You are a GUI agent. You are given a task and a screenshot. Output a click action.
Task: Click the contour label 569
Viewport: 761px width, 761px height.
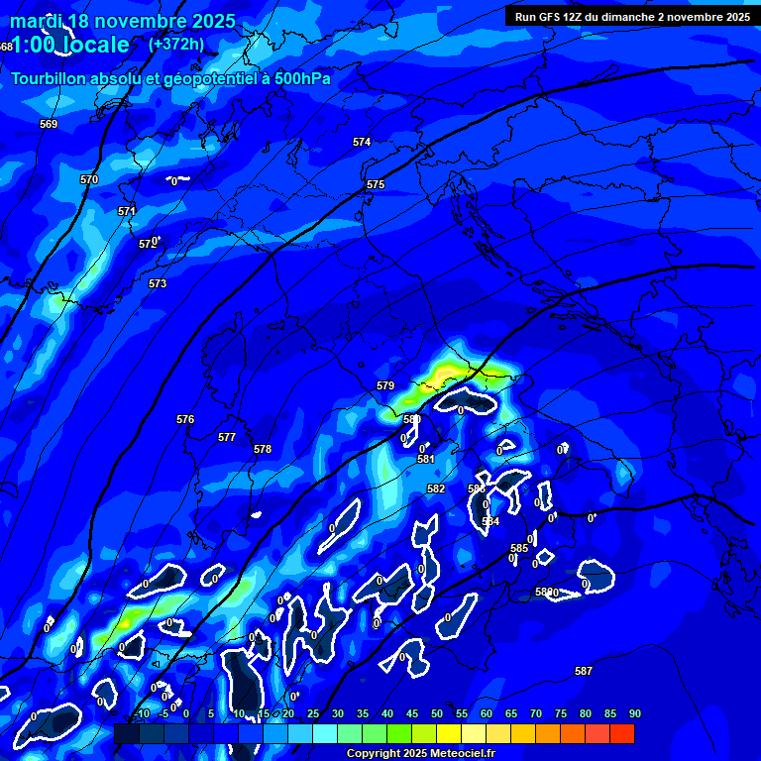(49, 124)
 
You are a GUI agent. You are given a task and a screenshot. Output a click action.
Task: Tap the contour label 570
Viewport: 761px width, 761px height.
(89, 179)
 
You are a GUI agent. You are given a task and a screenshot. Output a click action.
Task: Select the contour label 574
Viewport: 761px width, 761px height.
(362, 142)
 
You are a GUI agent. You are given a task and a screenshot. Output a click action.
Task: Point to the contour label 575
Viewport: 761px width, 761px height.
(375, 185)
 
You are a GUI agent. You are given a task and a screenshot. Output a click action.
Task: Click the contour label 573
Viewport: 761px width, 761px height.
(158, 284)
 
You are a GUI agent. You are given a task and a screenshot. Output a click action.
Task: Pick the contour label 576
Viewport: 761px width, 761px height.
(185, 420)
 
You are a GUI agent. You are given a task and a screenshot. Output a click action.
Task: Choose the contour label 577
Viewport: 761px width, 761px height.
(227, 437)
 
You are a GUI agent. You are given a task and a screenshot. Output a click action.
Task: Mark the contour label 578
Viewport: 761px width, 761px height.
(263, 450)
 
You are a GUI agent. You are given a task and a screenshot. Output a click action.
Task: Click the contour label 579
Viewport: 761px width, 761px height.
(385, 385)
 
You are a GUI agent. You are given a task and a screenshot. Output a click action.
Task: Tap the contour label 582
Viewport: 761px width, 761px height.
(436, 489)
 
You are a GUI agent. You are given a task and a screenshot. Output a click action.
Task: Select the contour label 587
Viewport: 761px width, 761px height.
(584, 671)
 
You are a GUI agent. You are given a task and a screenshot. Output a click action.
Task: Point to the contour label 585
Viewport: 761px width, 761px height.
(519, 548)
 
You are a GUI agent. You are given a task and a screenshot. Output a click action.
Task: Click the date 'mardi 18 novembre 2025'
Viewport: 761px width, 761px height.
(123, 21)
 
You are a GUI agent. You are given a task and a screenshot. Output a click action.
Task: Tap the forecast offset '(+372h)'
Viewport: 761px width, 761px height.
(175, 44)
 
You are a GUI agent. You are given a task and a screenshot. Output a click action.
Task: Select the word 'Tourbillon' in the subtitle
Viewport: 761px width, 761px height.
(50, 78)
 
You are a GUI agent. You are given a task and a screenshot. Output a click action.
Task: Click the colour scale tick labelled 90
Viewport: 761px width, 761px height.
(634, 713)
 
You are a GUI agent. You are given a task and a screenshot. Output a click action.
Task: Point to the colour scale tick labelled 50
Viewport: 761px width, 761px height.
(436, 713)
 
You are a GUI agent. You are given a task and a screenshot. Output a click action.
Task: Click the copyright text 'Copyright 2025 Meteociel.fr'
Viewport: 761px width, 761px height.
(420, 753)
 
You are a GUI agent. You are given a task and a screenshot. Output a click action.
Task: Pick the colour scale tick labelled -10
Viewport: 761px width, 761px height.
(141, 713)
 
